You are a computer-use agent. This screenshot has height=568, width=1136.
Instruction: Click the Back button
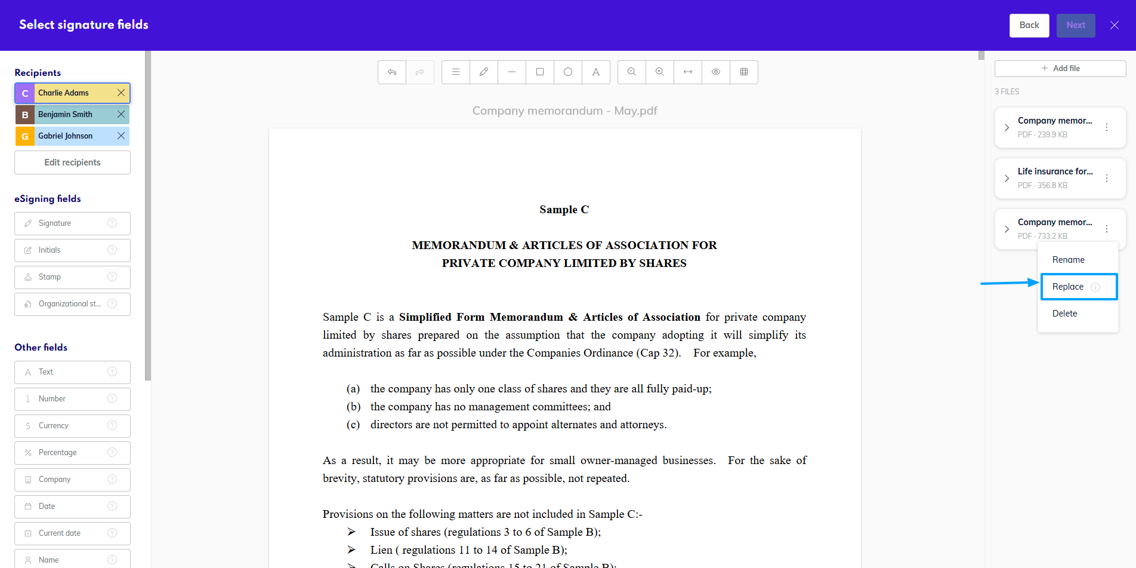[x=1029, y=25]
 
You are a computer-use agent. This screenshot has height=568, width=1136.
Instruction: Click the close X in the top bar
[x=1114, y=25]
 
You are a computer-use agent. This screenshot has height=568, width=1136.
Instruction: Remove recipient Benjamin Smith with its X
[x=121, y=114]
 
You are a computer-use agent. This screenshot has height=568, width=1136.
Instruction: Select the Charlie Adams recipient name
[x=64, y=93]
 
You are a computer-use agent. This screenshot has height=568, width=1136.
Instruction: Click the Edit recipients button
[x=72, y=162]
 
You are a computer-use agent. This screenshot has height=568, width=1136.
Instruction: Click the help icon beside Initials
[x=112, y=250]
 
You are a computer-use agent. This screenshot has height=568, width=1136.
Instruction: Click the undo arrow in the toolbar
[x=392, y=72]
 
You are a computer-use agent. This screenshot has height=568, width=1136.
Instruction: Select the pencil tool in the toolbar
[x=484, y=72]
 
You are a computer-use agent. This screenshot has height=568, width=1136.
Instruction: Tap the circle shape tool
[x=568, y=72]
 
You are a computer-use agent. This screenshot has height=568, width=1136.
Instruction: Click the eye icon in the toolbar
[x=716, y=72]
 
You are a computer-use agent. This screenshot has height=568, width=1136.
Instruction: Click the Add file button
[x=1060, y=69]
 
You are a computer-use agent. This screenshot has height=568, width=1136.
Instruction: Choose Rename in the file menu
[x=1068, y=260]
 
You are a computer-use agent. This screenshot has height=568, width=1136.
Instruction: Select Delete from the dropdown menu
[x=1064, y=314]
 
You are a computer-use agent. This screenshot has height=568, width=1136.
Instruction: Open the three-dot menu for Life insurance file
[x=1107, y=178]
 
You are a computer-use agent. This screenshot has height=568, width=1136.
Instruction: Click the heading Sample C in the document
[x=564, y=210]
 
